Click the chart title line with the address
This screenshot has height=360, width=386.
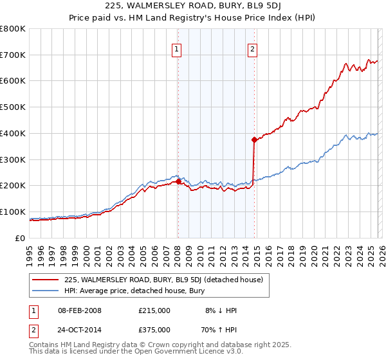pyautogui.click(x=192, y=7)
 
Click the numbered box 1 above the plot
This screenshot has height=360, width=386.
pyautogui.click(x=176, y=49)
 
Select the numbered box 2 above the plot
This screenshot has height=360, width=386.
pyautogui.click(x=253, y=49)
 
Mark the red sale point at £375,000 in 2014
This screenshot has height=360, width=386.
pyautogui.click(x=255, y=139)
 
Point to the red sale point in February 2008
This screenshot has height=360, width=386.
pyautogui.click(x=178, y=182)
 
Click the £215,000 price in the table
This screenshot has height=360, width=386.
pyautogui.click(x=154, y=310)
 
